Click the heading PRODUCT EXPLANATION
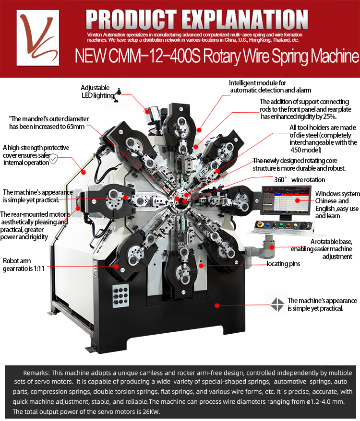(197, 19)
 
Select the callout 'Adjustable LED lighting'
(95, 92)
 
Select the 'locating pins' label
(284, 264)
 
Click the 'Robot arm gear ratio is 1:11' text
(24, 265)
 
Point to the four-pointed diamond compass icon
(278, 304)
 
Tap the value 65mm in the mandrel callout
(74, 127)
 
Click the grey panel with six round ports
(120, 294)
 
